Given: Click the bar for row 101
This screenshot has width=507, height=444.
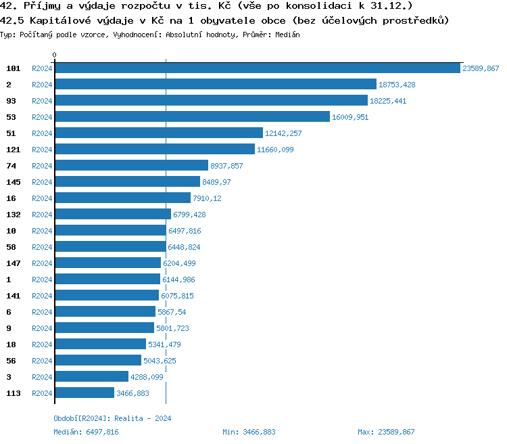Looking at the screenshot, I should coord(258,68).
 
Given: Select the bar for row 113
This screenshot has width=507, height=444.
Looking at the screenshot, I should coord(84,393).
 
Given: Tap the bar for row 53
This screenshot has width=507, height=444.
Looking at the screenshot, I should coord(192,117).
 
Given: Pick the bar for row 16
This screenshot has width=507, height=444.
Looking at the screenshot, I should coord(122,198).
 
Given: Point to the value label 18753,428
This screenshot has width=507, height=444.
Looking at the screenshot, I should coord(397,85).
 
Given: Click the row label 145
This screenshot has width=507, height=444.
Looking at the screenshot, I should coord(14,182).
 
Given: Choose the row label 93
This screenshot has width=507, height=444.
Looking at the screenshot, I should coord(11,101).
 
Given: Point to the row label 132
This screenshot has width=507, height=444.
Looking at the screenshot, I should coord(14,215).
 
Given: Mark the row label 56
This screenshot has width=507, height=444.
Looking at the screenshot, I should coord(11,361).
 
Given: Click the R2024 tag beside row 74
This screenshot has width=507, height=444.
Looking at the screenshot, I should coord(42,166).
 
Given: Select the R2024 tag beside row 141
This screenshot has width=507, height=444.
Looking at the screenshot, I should coord(42,296).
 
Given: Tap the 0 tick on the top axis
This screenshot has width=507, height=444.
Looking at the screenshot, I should coord(55,55).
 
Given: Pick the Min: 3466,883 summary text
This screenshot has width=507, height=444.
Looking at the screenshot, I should coord(249,432).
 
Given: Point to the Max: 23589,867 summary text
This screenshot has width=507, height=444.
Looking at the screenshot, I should coord(386,432).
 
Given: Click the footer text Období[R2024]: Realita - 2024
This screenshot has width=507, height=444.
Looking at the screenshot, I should coord(112,418).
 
